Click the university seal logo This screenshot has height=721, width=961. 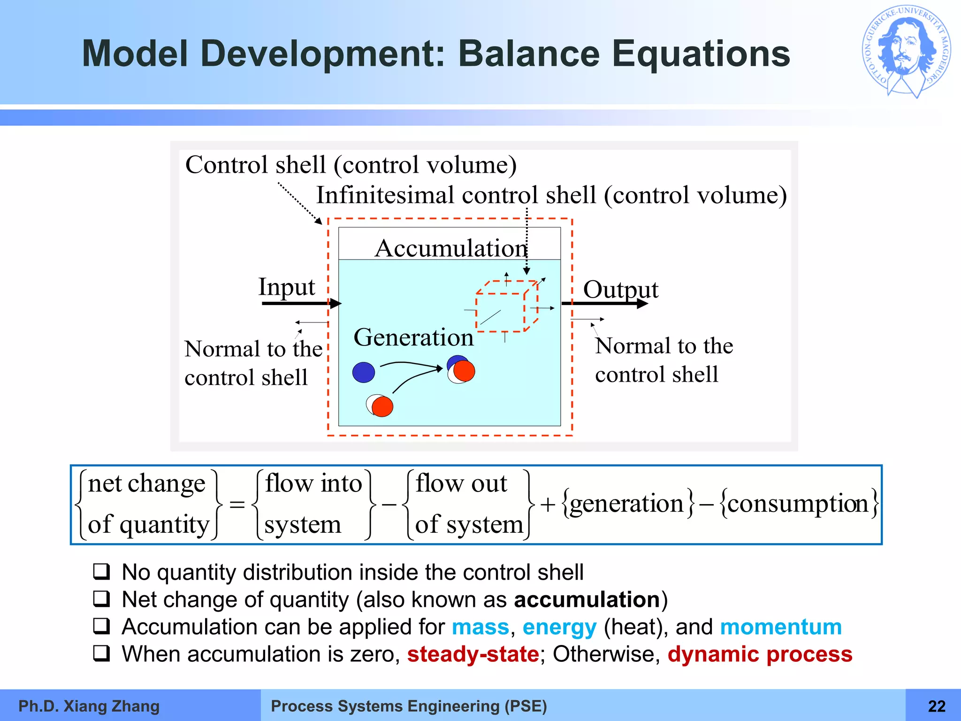click(x=906, y=52)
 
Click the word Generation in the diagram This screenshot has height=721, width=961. click(x=413, y=337)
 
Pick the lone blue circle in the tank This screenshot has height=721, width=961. click(x=363, y=372)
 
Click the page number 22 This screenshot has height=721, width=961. click(x=937, y=706)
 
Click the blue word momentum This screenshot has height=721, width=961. click(x=781, y=627)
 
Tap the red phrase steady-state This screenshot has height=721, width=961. click(x=473, y=654)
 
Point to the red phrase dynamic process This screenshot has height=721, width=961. click(x=760, y=654)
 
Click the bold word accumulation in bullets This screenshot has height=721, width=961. click(x=587, y=600)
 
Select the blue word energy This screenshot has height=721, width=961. click(x=559, y=627)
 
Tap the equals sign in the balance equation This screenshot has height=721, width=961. click(x=237, y=505)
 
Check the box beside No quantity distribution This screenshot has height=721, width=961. click(x=101, y=572)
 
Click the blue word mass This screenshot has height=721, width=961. click(x=480, y=627)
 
